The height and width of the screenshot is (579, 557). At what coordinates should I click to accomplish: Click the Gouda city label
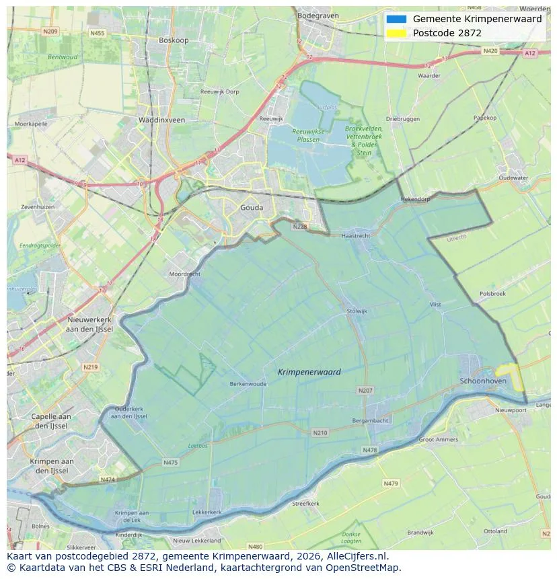(252, 208)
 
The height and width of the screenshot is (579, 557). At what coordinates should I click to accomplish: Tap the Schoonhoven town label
(482, 381)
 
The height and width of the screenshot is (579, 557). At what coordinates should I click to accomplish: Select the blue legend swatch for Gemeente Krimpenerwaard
(396, 19)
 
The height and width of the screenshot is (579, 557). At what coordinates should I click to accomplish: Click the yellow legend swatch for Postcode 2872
(396, 33)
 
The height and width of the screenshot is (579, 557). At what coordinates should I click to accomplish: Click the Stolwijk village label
(357, 311)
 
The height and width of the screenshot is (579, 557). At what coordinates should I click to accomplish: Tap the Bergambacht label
(370, 420)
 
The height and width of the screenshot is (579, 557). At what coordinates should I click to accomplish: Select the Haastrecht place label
(356, 236)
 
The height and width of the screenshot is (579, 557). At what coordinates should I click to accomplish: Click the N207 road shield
(365, 390)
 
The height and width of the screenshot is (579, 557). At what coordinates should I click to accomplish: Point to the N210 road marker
(320, 432)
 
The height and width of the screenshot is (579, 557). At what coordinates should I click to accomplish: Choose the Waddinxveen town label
(161, 120)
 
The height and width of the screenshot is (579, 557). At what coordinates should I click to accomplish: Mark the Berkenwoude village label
(248, 384)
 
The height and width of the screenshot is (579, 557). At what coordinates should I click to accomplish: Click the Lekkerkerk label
(207, 512)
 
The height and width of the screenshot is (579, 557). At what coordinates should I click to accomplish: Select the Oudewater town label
(513, 178)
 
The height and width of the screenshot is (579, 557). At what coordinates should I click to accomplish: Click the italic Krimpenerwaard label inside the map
(309, 372)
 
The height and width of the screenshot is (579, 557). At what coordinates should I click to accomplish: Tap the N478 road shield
(369, 450)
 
